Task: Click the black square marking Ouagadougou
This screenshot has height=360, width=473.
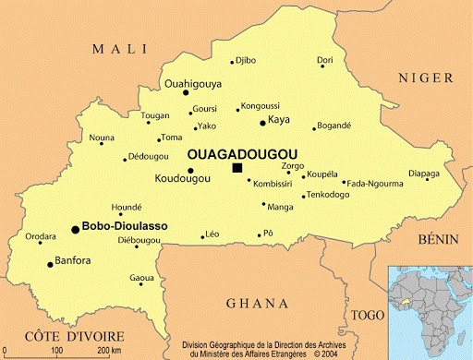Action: pyautogui.click(x=237, y=167)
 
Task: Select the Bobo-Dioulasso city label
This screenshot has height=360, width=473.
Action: pyautogui.click(x=126, y=226)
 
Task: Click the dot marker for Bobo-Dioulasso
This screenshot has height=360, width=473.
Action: pyautogui.click(x=75, y=229)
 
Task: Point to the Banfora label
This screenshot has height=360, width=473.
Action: pyautogui.click(x=73, y=260)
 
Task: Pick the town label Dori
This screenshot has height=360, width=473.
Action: pyautogui.click(x=325, y=60)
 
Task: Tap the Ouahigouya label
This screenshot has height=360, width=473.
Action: pyautogui.click(x=193, y=83)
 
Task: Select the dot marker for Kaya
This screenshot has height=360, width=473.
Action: pyautogui.click(x=262, y=123)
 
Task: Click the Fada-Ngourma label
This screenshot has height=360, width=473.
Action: pyautogui.click(x=375, y=184)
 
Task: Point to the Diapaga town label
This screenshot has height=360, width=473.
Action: pyautogui.click(x=424, y=173)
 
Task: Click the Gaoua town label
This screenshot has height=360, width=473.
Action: pyautogui.click(x=141, y=277)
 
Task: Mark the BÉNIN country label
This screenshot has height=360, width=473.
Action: pyautogui.click(x=438, y=239)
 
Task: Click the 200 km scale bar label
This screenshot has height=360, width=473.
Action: pyautogui.click(x=110, y=351)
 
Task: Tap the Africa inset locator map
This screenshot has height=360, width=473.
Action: pyautogui.click(x=430, y=311)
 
